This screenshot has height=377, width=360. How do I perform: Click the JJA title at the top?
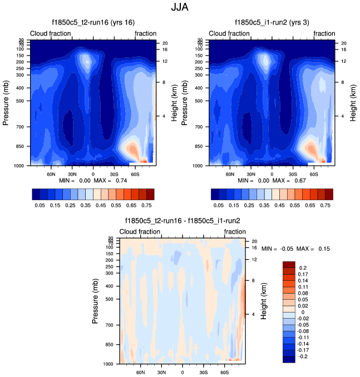click(180, 8)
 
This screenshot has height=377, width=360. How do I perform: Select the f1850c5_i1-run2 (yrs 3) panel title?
click(273, 23)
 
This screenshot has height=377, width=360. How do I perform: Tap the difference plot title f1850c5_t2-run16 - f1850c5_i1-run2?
click(183, 221)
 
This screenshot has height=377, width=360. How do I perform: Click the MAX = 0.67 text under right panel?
click(297, 181)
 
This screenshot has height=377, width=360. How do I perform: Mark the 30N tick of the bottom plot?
click(161, 372)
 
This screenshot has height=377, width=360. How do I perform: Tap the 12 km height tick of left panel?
click(165, 61)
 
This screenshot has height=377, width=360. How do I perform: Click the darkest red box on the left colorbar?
click(150, 194)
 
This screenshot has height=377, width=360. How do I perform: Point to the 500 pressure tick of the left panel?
click(18, 101)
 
